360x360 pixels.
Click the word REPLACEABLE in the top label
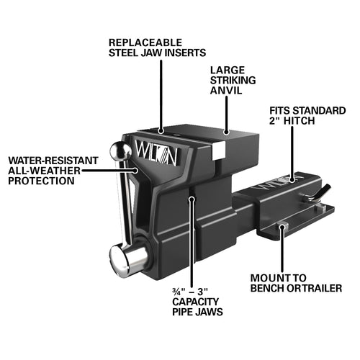(x=145, y=42)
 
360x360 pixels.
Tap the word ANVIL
(x=226, y=91)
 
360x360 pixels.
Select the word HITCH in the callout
(x=299, y=121)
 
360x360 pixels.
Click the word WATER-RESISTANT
(x=53, y=161)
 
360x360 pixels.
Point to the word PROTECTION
(x=41, y=181)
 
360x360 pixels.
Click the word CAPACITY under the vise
(x=196, y=302)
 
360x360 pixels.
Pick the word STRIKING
(x=233, y=81)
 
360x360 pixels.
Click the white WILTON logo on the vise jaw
(x=156, y=152)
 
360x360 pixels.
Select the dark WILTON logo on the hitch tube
(x=279, y=183)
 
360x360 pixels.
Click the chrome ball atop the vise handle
(x=121, y=151)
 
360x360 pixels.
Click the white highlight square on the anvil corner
(x=219, y=150)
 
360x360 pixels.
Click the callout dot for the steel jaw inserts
(x=161, y=131)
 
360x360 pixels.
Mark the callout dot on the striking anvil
(x=226, y=132)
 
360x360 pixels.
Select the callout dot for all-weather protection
(x=136, y=171)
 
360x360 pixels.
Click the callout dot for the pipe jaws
(x=192, y=199)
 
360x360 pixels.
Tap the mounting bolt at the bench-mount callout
(x=282, y=226)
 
